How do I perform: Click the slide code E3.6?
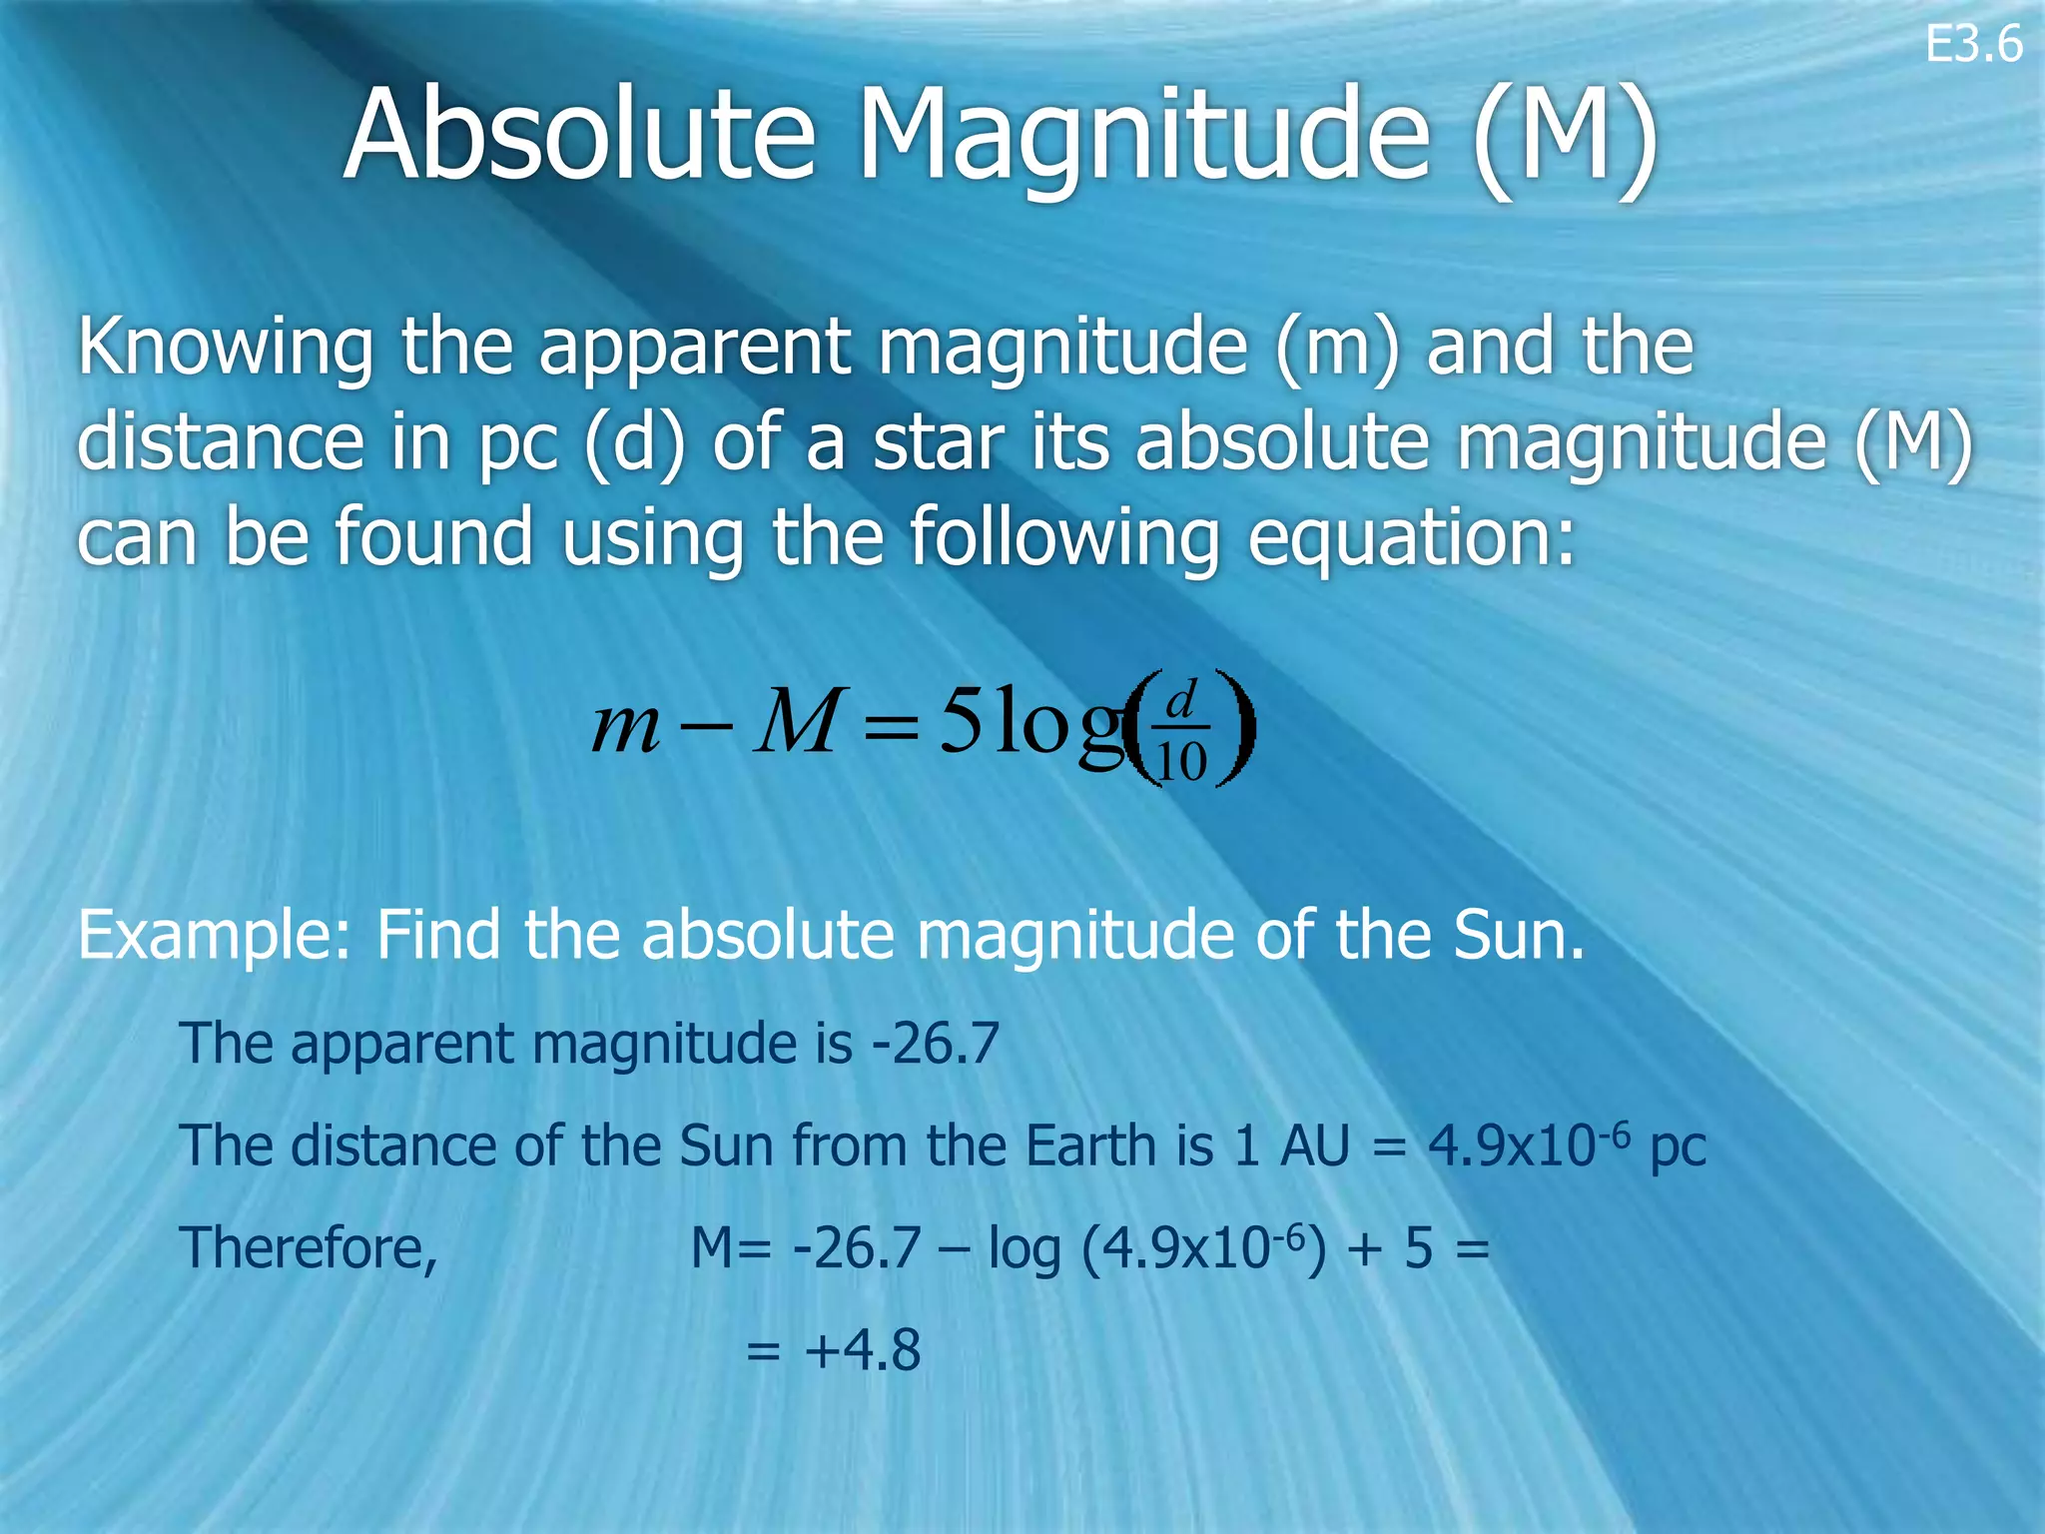point(1973,45)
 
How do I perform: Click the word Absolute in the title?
point(579,135)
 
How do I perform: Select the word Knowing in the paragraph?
point(225,348)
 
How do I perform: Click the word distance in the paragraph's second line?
point(221,441)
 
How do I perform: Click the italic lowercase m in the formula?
point(625,725)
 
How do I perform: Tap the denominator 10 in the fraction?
point(1181,763)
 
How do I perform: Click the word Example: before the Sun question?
point(214,937)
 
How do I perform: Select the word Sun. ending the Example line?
point(1519,935)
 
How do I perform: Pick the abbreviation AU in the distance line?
point(1314,1146)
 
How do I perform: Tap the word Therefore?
point(309,1249)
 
